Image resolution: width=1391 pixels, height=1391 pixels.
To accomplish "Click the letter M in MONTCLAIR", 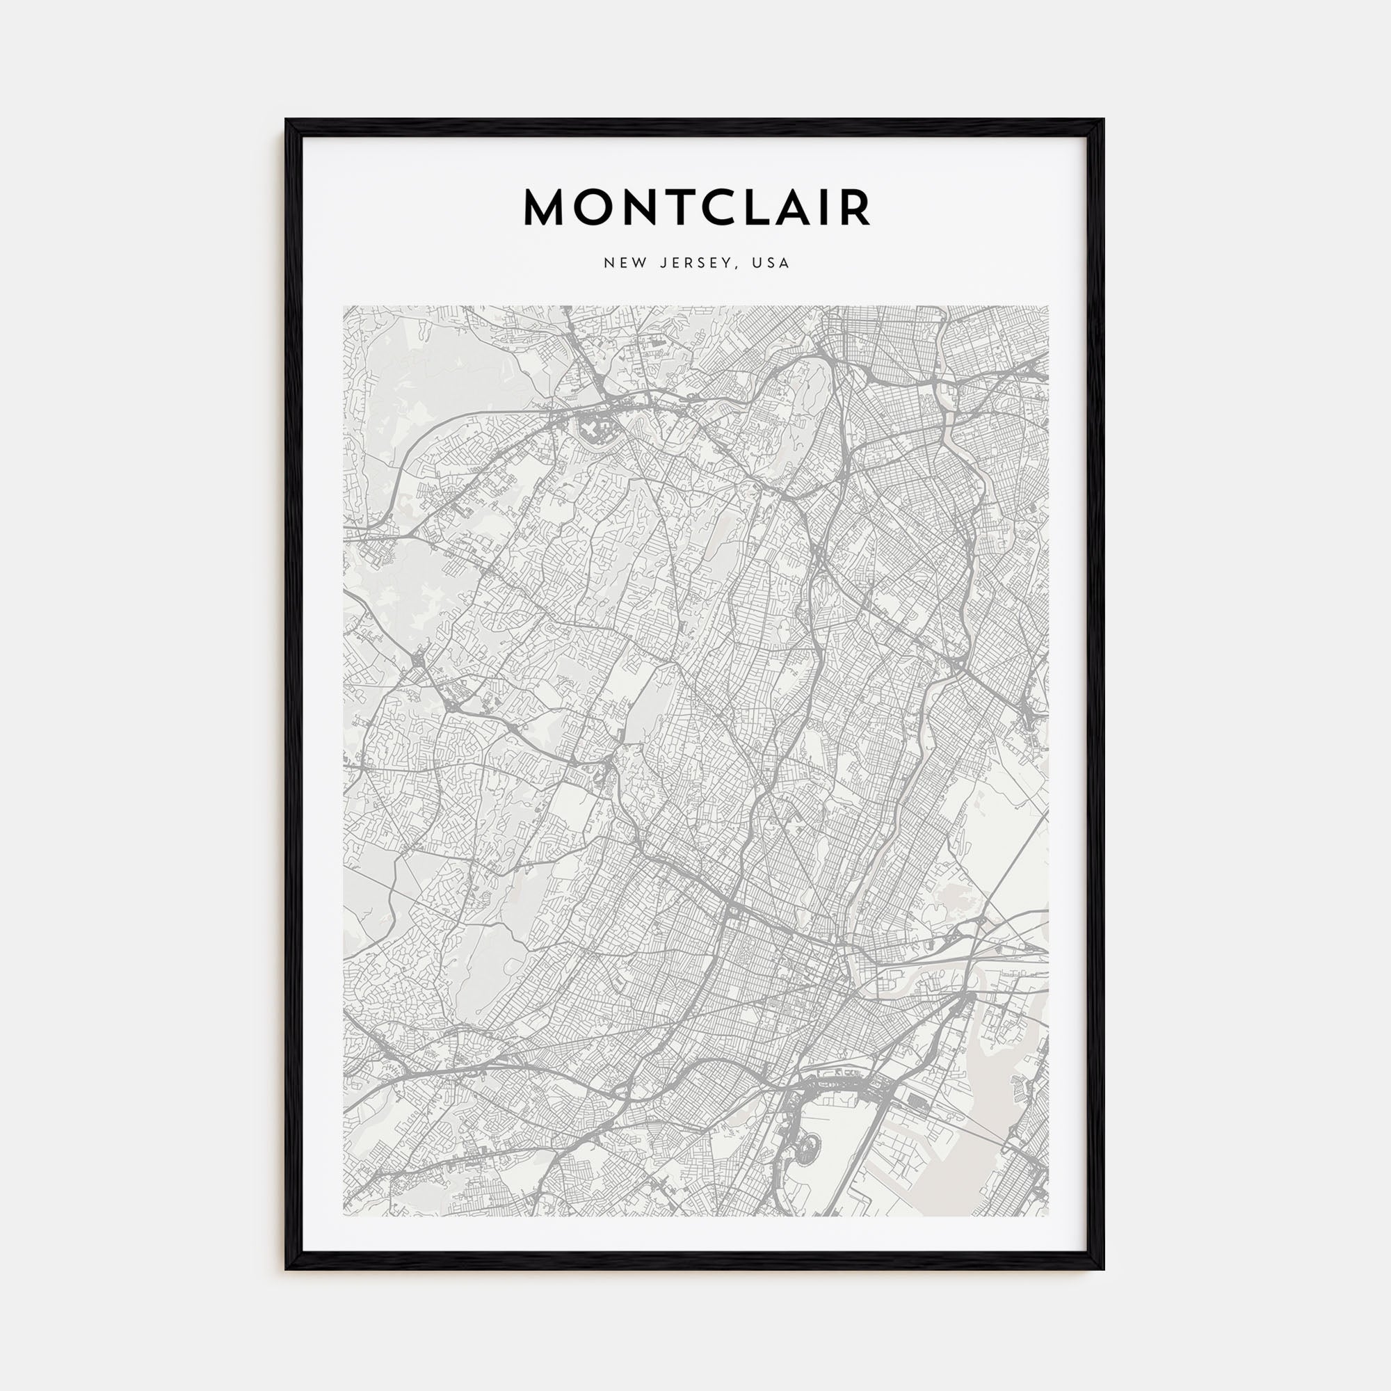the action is click(547, 208).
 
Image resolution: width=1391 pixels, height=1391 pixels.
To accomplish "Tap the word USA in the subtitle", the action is click(771, 264).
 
